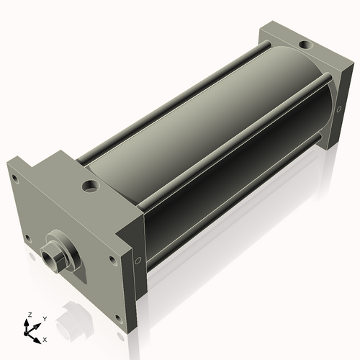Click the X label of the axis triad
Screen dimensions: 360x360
tap(45, 340)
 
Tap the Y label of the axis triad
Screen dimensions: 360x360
tap(45, 319)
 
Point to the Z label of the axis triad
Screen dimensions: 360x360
tap(30, 315)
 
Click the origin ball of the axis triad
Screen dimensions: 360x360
tap(26, 333)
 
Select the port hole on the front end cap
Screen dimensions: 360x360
tap(91, 186)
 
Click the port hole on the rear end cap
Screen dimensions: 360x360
tap(305, 45)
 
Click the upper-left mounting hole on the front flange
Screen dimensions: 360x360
tap(15, 179)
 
